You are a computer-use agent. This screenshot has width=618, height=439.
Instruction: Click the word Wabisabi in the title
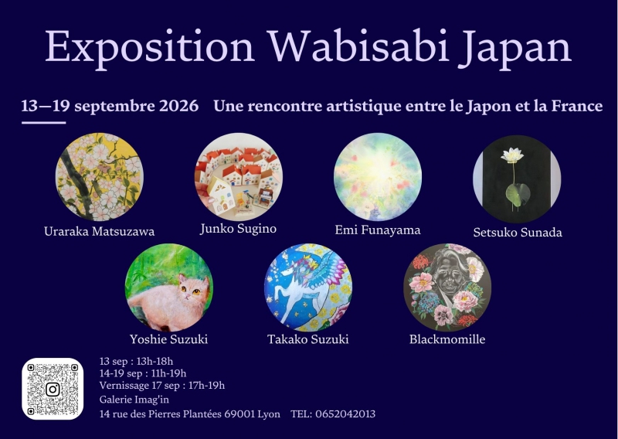click(358, 46)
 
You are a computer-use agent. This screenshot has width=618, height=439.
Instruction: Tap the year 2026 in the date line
click(179, 106)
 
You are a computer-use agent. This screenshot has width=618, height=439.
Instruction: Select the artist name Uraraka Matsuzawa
click(100, 231)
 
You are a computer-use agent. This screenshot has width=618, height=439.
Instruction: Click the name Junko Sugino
click(238, 229)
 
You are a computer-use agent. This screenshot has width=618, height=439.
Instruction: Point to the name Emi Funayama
click(378, 230)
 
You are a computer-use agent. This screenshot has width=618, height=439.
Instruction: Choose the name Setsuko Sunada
click(518, 233)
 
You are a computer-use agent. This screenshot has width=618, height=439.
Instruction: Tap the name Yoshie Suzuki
click(168, 339)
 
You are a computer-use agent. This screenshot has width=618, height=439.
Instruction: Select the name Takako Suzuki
click(307, 339)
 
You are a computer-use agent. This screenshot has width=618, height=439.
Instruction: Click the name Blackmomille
click(447, 339)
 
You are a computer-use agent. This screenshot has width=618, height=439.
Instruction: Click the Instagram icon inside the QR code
click(53, 390)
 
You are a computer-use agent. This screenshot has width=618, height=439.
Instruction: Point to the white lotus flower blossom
click(511, 155)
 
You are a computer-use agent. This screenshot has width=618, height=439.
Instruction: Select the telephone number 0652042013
click(345, 413)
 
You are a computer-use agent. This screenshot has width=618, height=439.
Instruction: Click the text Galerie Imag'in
click(134, 400)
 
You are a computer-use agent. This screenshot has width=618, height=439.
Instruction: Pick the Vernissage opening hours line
click(162, 386)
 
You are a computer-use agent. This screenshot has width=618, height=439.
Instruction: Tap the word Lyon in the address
click(269, 414)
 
